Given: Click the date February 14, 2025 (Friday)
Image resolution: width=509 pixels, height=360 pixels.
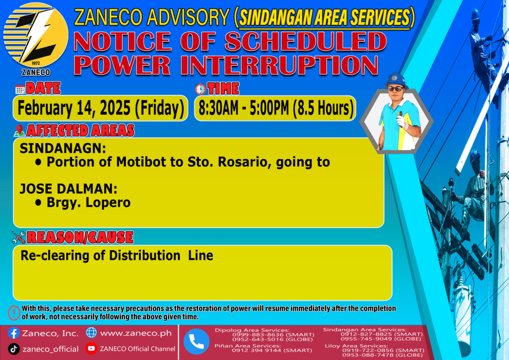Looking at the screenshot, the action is point(100,108).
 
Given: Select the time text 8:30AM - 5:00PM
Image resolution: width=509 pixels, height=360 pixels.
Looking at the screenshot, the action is point(244,108).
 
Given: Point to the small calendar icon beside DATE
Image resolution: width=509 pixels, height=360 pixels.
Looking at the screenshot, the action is point(20,89).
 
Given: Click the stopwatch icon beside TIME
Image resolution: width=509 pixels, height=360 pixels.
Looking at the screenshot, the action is point(200,89).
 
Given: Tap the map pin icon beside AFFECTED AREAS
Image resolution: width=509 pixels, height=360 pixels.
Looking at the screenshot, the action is point(19,130).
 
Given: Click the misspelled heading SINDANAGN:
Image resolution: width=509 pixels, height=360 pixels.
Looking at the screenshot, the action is point(63,148).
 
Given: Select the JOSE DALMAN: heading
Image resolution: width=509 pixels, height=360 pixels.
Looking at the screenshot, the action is point(69,188).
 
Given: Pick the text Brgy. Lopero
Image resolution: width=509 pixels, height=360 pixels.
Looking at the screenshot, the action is point(88,202).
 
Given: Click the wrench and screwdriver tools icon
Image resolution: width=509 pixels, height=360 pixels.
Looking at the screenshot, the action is point(18,237).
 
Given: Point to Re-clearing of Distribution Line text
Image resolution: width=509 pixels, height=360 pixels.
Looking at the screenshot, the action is point(117,256).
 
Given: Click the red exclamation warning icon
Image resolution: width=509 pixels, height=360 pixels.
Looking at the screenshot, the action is point(14,313).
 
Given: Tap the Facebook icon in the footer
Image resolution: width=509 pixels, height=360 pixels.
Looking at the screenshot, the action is point(13,333).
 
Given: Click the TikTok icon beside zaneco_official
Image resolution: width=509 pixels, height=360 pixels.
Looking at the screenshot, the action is point(13,349).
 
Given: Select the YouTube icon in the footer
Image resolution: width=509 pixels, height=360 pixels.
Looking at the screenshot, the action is point(91,348).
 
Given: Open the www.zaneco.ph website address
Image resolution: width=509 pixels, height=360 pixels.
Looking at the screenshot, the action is point(136,333).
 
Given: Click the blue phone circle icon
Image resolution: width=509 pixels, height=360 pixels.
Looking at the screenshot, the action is point(196,342).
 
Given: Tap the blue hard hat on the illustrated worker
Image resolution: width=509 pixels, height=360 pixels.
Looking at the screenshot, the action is point(396,80).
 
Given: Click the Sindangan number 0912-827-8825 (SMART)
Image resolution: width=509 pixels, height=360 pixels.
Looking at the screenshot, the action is point(382,334).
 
